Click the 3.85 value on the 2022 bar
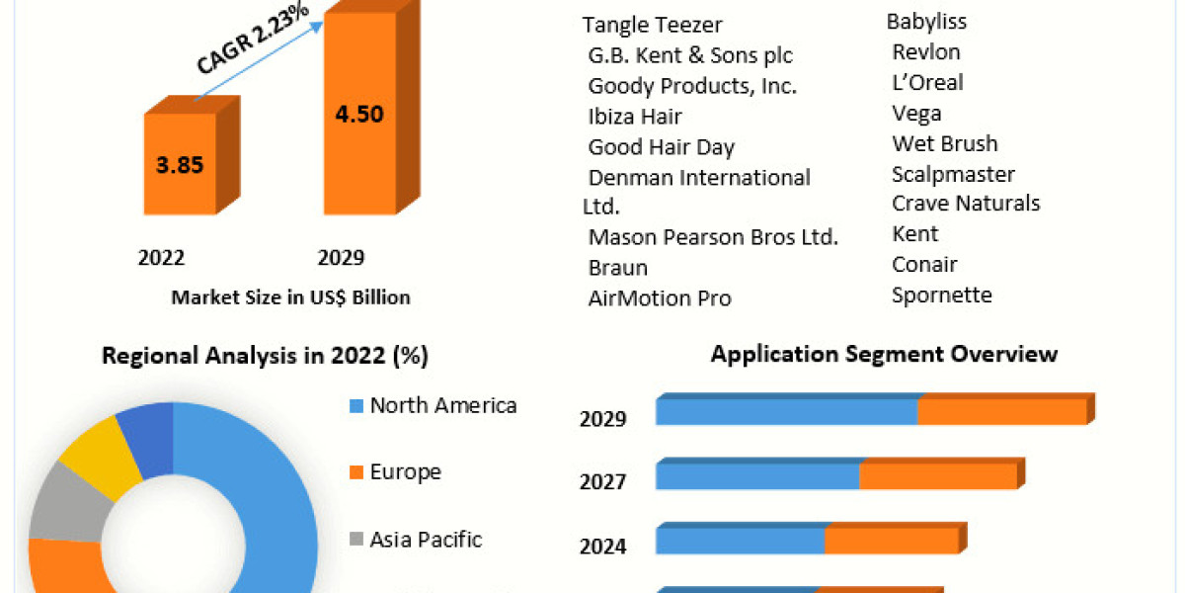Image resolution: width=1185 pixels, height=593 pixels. click(180, 164)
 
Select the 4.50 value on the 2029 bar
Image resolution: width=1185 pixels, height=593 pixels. click(359, 113)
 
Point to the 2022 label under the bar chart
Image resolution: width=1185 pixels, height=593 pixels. click(161, 258)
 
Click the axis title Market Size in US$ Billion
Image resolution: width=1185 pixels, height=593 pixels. click(290, 296)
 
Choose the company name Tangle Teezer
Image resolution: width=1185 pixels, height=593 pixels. click(652, 26)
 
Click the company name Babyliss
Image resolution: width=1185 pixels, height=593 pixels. click(926, 21)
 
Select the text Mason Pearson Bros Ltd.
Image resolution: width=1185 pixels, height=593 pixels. click(712, 237)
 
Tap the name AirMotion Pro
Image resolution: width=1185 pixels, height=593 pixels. click(660, 297)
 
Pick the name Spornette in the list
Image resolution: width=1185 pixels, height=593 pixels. click(942, 295)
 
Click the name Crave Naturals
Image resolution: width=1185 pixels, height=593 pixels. click(966, 204)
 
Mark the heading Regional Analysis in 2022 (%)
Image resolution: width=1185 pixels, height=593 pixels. click(265, 357)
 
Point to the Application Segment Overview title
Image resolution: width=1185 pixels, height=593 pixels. click(884, 354)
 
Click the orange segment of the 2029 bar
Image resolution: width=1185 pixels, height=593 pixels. click(1001, 413)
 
